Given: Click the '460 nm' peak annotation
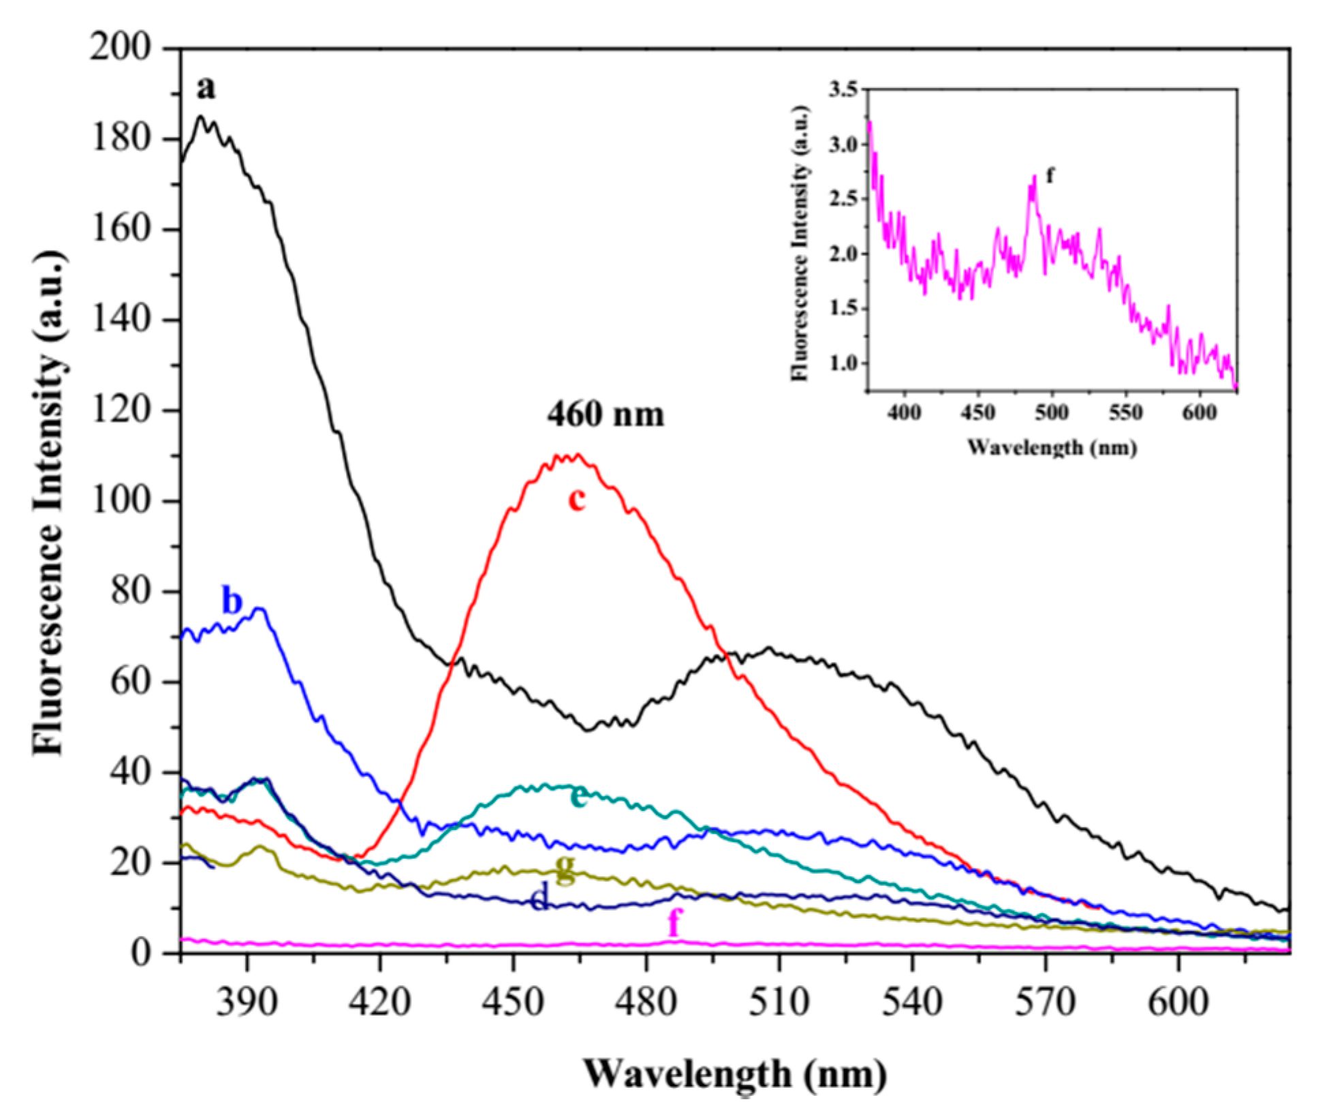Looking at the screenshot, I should tap(605, 414).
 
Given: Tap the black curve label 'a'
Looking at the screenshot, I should tap(206, 88).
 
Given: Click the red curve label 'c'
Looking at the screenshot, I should tap(577, 500).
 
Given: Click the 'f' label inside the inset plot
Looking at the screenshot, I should tap(1050, 175).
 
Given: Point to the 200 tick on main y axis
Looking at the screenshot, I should tap(129, 49).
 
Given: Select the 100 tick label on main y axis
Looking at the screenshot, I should tap(129, 502).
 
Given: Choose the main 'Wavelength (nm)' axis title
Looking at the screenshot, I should tap(736, 1074).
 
